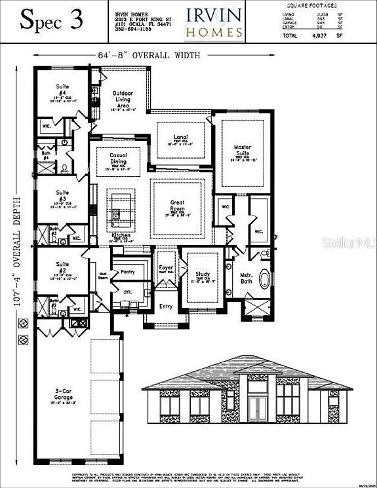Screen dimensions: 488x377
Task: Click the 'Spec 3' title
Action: point(53,20)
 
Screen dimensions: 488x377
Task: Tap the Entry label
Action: point(166,306)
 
